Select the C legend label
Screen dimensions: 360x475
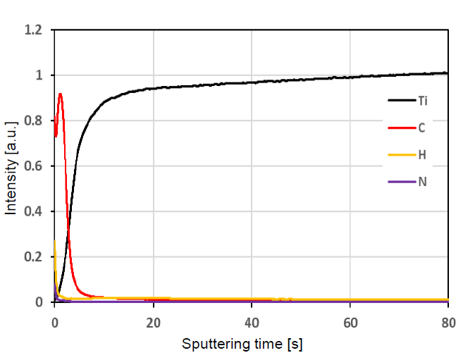(x=421, y=128)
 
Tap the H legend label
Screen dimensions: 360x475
(x=421, y=154)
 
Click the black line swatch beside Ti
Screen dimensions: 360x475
(x=400, y=101)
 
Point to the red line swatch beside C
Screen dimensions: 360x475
(x=400, y=128)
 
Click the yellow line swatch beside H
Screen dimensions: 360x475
(x=400, y=154)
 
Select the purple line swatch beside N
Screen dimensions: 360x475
(x=400, y=181)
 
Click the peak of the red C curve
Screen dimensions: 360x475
(x=60, y=94)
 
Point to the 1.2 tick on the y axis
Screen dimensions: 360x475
(x=34, y=30)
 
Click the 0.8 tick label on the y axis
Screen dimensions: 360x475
(x=34, y=121)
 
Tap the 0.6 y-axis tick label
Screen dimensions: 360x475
(x=34, y=166)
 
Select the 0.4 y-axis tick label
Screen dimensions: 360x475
(x=34, y=211)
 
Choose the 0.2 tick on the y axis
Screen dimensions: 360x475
(x=34, y=257)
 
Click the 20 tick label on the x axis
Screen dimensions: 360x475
(x=153, y=322)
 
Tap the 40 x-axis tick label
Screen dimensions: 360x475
(x=252, y=322)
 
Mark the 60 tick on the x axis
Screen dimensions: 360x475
(x=350, y=322)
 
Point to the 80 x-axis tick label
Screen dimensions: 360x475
(x=448, y=322)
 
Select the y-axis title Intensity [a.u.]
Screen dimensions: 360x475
(x=11, y=166)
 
